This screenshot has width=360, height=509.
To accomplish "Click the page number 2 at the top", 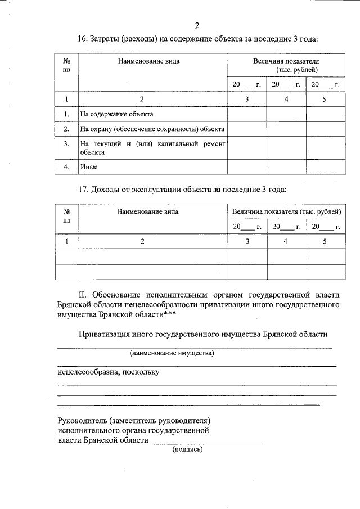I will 196,25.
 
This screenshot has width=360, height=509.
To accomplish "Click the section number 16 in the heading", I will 82,39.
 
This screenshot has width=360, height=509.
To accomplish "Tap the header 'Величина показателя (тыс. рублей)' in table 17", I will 286,211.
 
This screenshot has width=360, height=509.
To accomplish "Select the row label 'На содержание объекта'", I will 116,114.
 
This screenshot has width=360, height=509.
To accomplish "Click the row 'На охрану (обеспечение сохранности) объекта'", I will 152,129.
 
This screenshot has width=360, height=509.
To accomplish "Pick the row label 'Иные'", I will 87,167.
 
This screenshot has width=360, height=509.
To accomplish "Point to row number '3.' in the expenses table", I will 66,143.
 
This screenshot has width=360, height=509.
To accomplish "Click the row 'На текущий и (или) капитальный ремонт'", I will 152,144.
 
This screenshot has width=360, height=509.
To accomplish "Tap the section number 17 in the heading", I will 82,189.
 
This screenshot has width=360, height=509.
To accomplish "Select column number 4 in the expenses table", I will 286,100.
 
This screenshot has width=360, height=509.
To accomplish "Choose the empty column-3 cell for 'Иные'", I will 246,167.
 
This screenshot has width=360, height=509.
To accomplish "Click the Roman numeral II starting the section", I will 82,294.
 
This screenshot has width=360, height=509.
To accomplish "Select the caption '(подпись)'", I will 187,449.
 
